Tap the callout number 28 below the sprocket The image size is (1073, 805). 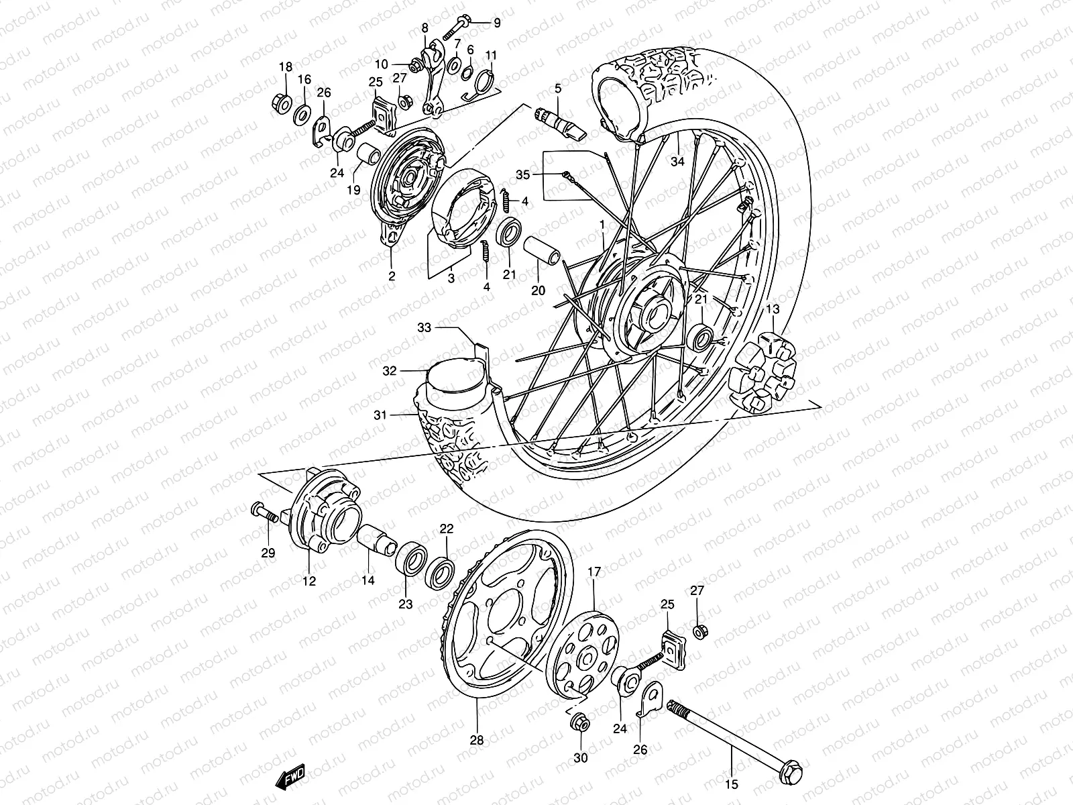pyautogui.click(x=477, y=741)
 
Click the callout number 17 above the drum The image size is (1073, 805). pyautogui.click(x=595, y=572)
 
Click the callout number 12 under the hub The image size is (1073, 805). pyautogui.click(x=308, y=581)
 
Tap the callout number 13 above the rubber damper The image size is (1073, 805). pyautogui.click(x=773, y=309)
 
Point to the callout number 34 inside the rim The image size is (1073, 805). pyautogui.click(x=677, y=162)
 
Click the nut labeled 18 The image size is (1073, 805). pyautogui.click(x=282, y=103)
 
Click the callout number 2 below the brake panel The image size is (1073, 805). pyautogui.click(x=392, y=276)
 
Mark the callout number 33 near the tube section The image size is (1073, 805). pyautogui.click(x=425, y=328)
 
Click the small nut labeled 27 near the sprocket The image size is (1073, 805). pyautogui.click(x=699, y=631)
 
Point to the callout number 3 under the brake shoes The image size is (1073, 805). pyautogui.click(x=451, y=277)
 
